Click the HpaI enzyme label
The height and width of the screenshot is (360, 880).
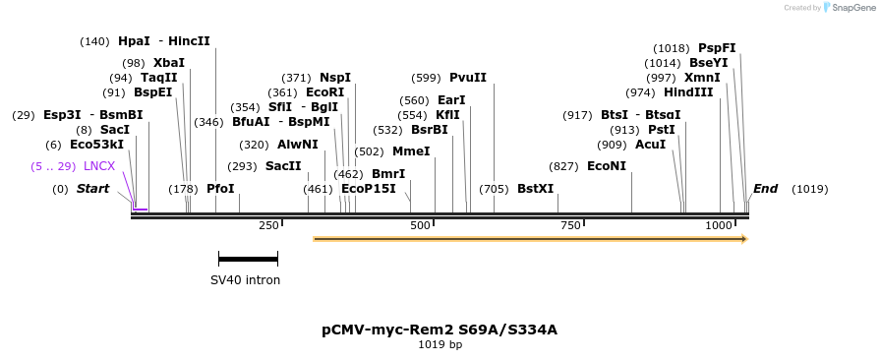click(134, 41)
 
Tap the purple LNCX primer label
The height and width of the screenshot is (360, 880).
click(99, 166)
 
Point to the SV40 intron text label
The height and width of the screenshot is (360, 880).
click(245, 280)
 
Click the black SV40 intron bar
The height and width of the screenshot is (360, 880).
click(248, 259)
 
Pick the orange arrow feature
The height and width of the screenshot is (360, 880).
click(530, 238)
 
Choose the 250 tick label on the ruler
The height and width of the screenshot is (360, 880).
click(268, 226)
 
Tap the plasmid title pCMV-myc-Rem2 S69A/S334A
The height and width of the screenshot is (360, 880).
click(440, 330)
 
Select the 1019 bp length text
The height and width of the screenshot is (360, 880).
click(440, 345)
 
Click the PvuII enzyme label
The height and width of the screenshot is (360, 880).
click(468, 78)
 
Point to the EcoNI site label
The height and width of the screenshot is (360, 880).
click(606, 166)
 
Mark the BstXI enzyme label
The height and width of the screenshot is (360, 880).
click(535, 189)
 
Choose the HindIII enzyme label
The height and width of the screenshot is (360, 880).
click(688, 92)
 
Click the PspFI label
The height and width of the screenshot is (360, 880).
click(717, 48)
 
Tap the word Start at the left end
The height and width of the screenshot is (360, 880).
click(93, 189)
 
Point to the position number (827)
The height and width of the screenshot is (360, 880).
click(563, 166)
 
